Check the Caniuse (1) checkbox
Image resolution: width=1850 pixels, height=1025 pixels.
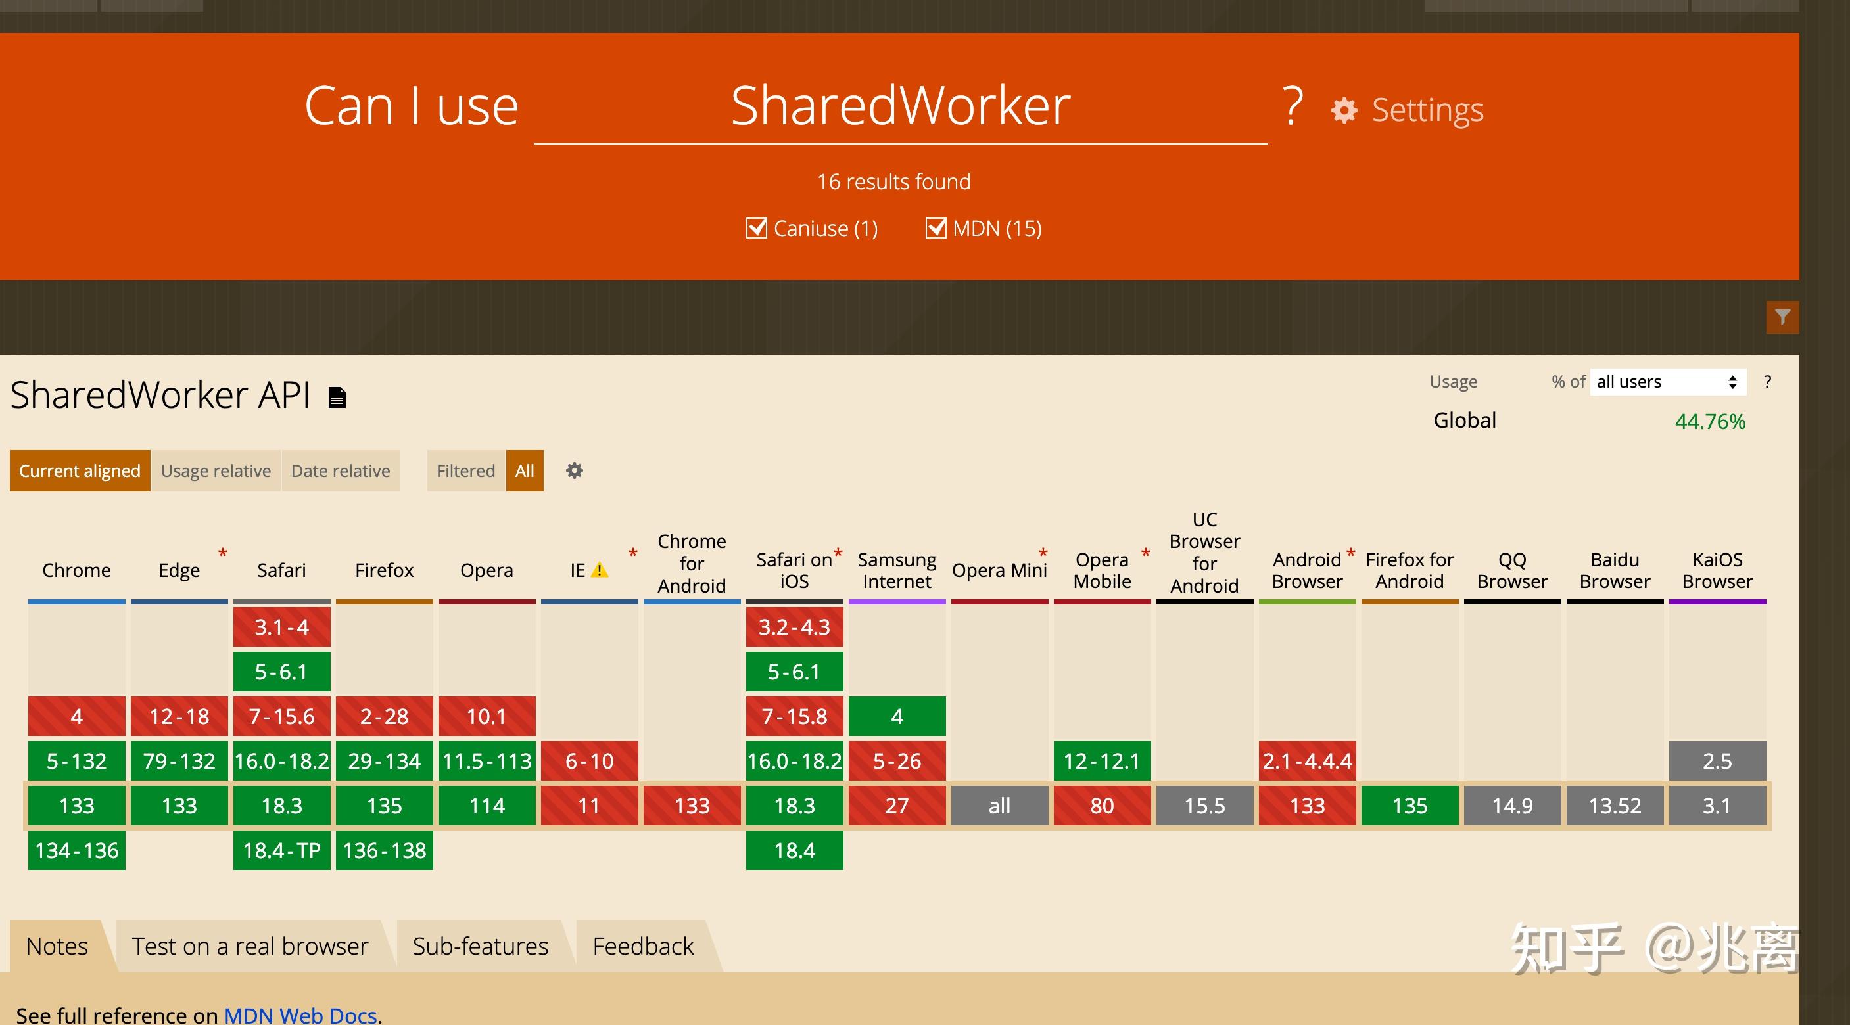click(x=756, y=228)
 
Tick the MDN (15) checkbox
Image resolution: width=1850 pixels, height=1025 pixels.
click(x=935, y=228)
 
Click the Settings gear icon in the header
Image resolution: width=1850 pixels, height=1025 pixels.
click(x=1344, y=110)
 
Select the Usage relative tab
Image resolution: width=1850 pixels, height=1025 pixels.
click(x=216, y=471)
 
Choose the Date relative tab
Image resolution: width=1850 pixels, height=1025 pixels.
click(x=341, y=471)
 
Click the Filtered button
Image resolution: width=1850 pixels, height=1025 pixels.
click(x=465, y=471)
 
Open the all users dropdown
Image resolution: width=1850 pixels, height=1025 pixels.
click(x=1667, y=382)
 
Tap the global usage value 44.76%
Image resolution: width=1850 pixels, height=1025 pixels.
click(x=1710, y=421)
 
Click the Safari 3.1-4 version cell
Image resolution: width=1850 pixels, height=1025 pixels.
click(x=281, y=627)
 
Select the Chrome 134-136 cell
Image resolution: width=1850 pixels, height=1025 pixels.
click(x=77, y=851)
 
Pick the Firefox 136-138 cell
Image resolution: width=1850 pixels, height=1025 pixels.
click(x=384, y=851)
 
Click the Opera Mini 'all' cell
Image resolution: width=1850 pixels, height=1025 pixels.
click(x=999, y=806)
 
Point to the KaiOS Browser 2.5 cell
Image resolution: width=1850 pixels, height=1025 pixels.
click(x=1717, y=761)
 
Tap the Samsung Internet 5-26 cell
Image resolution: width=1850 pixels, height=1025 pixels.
click(x=897, y=761)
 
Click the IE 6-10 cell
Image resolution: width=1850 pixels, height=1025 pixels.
click(x=589, y=761)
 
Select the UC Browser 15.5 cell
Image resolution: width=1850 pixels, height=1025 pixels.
click(x=1204, y=806)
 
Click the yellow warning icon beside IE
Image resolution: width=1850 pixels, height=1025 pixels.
click(x=599, y=570)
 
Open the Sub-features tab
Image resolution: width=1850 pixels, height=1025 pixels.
click(x=481, y=946)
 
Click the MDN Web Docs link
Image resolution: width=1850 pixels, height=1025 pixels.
click(x=300, y=1015)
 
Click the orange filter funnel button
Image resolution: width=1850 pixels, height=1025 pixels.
click(x=1782, y=317)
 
